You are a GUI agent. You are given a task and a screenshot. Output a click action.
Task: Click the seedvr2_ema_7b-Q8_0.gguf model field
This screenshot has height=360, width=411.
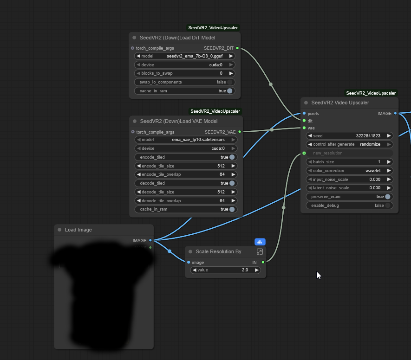pos(185,56)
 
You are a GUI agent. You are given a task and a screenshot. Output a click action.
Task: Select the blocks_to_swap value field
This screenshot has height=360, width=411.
pos(185,73)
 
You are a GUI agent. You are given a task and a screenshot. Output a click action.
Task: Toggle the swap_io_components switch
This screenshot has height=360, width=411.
pos(230,82)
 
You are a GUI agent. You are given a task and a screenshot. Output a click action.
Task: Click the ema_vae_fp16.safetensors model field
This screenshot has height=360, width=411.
pos(185,140)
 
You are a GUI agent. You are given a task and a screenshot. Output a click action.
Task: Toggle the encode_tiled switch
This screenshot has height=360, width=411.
pos(232,157)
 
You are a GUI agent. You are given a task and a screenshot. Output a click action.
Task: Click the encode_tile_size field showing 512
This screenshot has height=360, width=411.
pos(185,166)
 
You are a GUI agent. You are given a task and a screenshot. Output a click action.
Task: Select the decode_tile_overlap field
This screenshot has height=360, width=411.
pos(185,201)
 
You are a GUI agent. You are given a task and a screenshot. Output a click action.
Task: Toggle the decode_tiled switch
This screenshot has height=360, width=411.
pos(232,183)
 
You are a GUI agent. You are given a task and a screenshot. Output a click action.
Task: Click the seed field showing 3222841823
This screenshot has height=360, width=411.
pos(350,136)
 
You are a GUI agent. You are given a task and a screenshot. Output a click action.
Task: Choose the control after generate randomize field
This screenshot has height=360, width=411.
pos(350,144)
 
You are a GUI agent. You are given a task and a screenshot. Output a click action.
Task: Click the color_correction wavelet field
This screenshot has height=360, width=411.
pos(350,171)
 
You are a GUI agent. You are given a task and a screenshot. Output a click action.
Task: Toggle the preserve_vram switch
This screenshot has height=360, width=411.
pos(388,197)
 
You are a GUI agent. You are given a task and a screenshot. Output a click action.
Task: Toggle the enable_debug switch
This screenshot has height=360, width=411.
pos(388,206)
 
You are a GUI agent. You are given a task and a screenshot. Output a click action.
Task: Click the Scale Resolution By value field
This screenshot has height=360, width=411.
pos(226,270)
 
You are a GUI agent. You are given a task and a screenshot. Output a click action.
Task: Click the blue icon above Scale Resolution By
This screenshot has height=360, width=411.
pos(260,242)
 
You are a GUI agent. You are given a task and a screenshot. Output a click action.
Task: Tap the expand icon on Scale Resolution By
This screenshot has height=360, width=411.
pos(260,251)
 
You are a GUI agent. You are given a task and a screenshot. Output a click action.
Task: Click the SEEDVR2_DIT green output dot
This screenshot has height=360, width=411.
pos(237,48)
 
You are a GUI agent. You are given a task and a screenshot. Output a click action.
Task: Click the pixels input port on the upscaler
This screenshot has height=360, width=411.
pos(304,113)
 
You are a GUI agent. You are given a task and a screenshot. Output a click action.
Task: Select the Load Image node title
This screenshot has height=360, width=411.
pos(78,230)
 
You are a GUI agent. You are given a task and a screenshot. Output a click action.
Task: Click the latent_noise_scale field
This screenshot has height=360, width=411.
pos(350,188)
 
